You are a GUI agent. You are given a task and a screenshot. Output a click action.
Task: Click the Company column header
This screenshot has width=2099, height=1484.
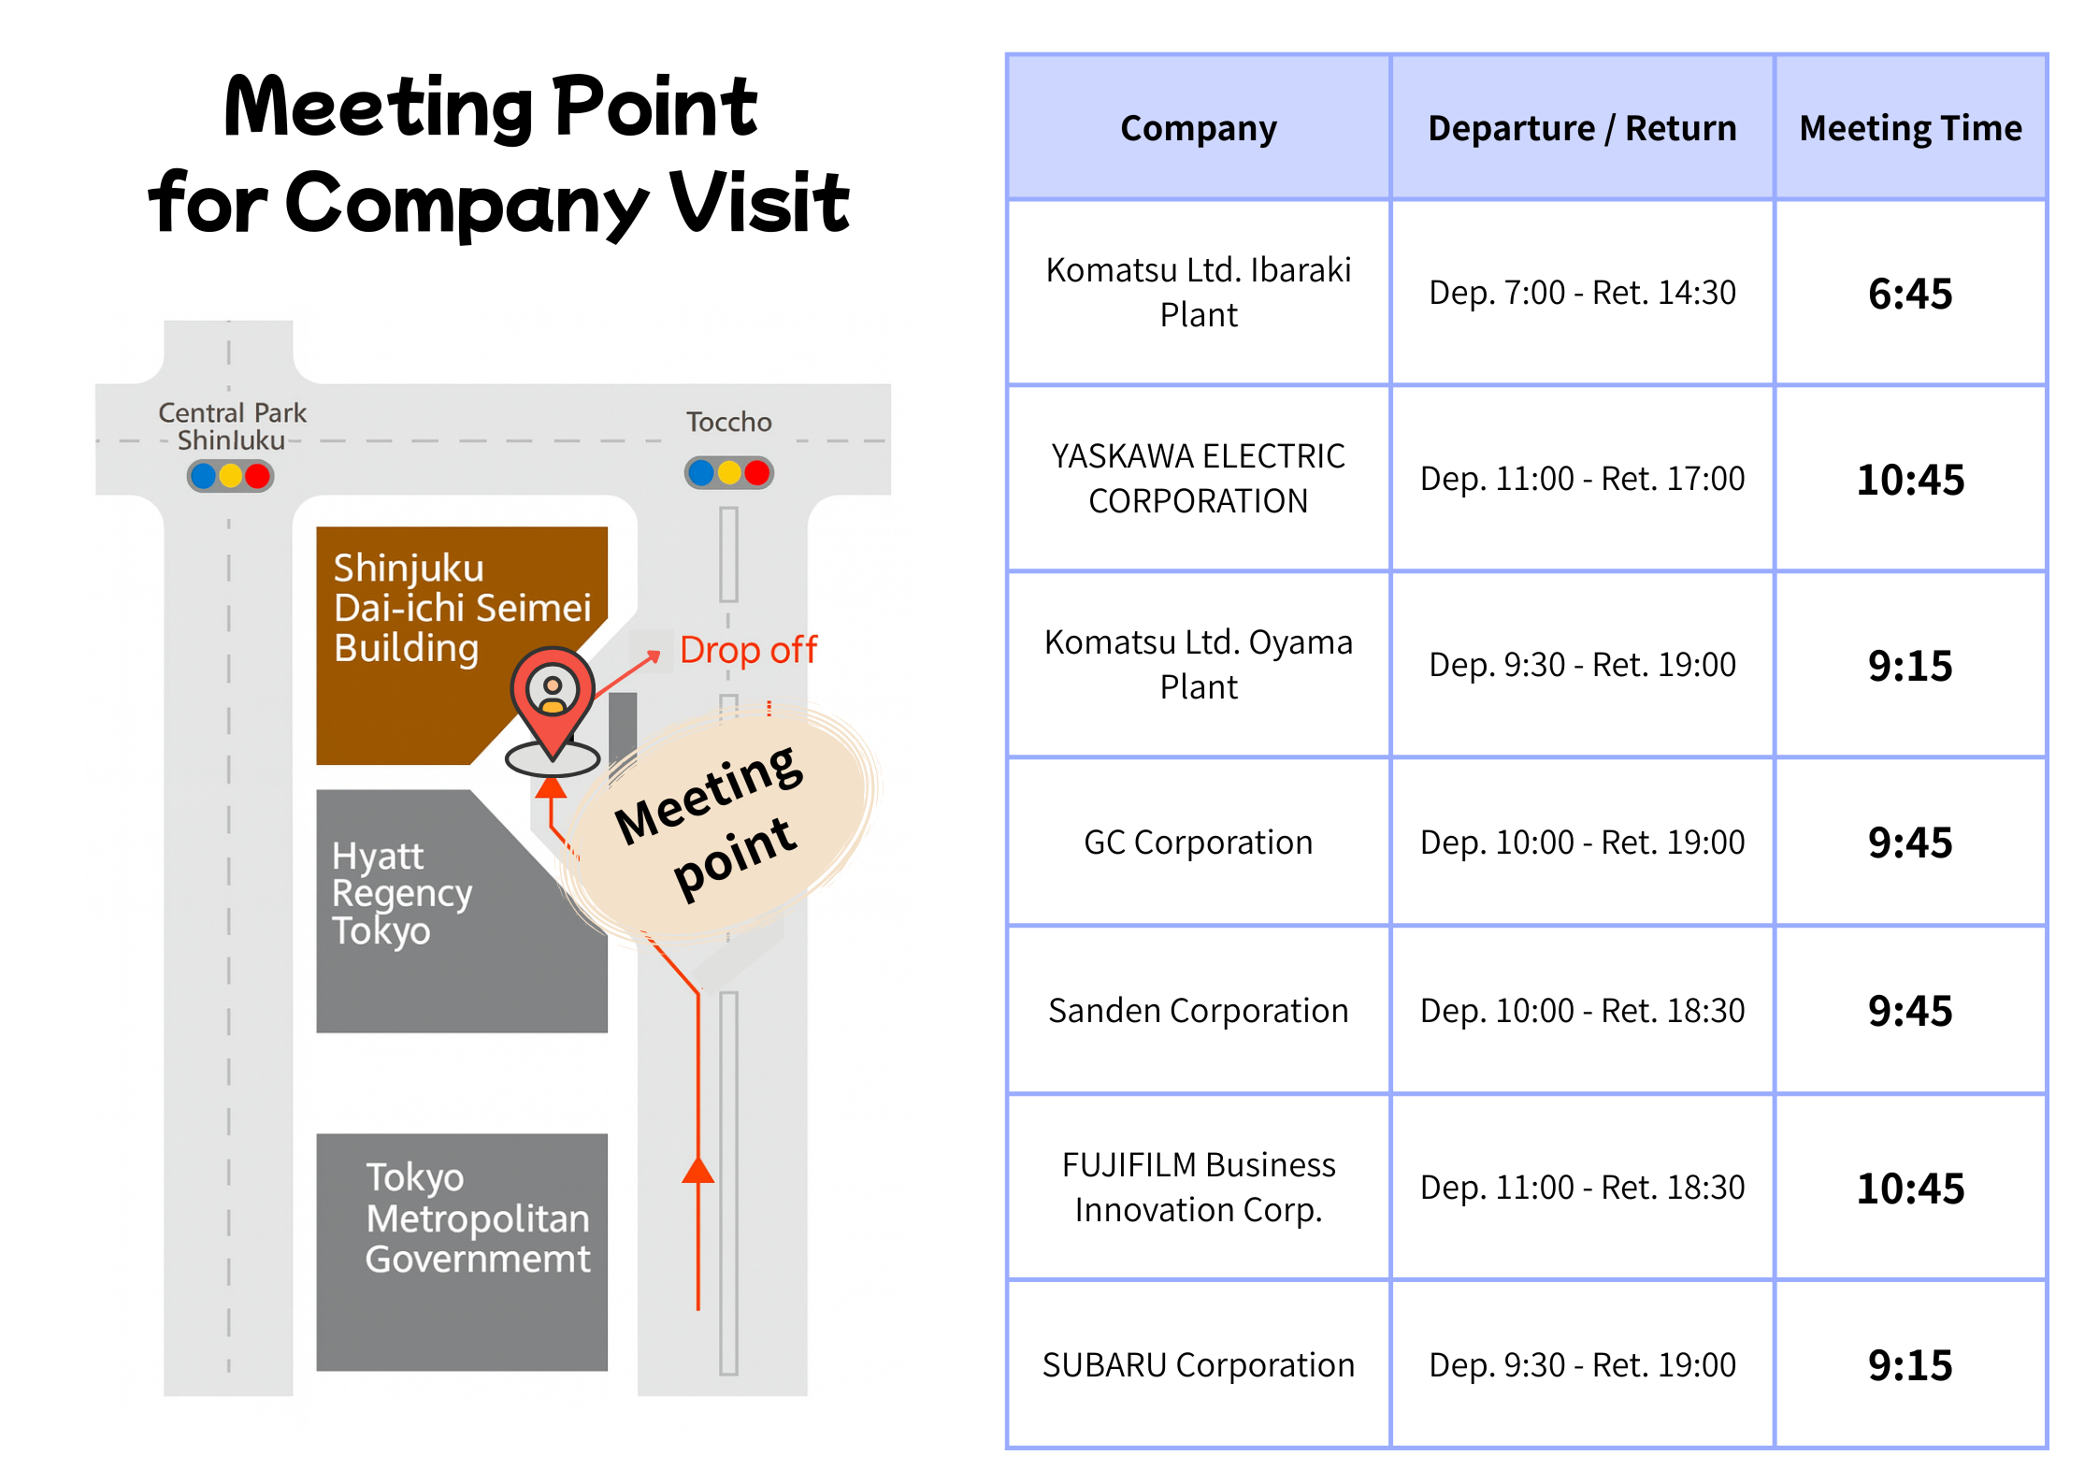click(x=1199, y=128)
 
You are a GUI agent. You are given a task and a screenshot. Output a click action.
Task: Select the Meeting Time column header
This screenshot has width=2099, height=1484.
click(x=1910, y=128)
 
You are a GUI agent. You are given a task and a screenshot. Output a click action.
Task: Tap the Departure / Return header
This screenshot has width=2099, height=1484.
click(x=1582, y=128)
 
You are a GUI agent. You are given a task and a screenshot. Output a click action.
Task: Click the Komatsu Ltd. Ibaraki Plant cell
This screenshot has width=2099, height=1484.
click(x=1199, y=292)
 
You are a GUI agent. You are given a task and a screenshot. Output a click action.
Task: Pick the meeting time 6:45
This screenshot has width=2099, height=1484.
click(x=1910, y=294)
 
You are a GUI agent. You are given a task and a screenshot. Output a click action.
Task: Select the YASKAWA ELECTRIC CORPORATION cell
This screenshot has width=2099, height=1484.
click(x=1199, y=478)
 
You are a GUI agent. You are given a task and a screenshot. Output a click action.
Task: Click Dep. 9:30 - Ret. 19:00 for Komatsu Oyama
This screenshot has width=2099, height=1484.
click(x=1582, y=665)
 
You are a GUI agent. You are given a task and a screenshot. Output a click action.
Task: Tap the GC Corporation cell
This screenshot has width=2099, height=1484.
click(x=1199, y=843)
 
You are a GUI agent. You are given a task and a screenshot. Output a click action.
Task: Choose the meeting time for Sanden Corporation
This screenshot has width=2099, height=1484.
click(x=1910, y=1011)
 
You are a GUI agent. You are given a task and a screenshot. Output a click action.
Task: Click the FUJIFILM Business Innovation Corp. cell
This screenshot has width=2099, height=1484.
click(x=1199, y=1187)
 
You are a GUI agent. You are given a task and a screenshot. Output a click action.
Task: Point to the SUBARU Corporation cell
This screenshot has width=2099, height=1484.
click(x=1199, y=1365)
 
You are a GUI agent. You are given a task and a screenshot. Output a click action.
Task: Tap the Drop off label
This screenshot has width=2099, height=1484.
click(x=748, y=650)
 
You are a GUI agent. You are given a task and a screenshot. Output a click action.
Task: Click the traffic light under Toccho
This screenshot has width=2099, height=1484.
click(x=729, y=473)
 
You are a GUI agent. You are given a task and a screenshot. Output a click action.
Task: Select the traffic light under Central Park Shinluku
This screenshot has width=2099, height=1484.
click(x=230, y=476)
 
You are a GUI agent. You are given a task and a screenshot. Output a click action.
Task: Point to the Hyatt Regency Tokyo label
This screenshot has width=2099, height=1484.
click(x=402, y=893)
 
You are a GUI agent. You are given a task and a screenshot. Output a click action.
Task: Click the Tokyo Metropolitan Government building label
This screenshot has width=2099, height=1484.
click(x=478, y=1218)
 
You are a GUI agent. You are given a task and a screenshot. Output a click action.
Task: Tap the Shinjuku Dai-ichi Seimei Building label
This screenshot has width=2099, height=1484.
click(x=463, y=608)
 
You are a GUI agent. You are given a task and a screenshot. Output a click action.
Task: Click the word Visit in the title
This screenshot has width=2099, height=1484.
click(x=759, y=202)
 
